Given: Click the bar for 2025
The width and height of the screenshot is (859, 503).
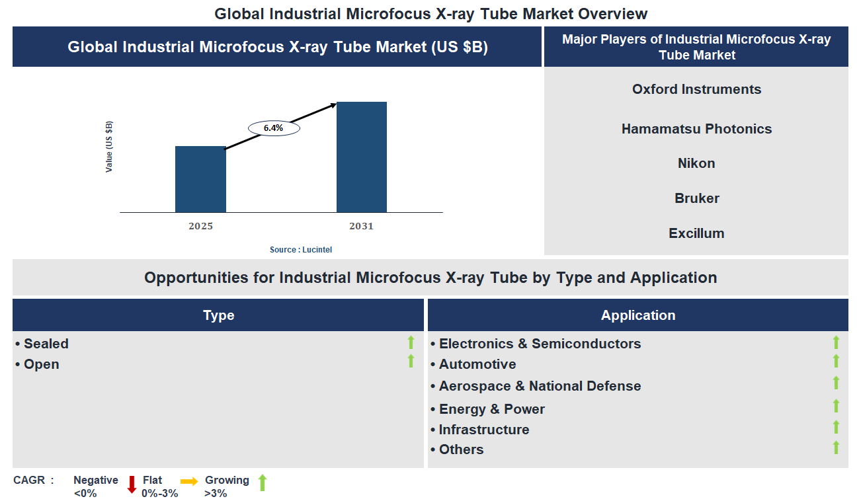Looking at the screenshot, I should coord(200,179).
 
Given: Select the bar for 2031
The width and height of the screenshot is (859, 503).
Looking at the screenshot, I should coord(362,157).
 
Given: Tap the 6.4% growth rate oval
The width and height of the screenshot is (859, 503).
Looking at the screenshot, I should coord(274,128).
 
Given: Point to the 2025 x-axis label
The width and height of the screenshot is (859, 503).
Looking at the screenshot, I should coord(200,226).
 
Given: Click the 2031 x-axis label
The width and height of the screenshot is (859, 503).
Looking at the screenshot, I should coord(362,226).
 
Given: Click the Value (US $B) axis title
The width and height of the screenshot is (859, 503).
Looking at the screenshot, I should coord(109,147).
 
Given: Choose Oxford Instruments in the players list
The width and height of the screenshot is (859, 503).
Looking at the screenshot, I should coord(696,89).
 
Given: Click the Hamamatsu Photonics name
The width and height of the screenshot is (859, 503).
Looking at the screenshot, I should coord(696,129).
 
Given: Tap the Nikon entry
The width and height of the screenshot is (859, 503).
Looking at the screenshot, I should coord(696,163).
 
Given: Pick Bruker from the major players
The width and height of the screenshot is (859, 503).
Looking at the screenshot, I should coord(696,198).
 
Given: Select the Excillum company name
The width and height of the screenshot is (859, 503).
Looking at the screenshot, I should coord(696,233).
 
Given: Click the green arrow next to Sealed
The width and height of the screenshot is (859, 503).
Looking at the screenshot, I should coord(411,342).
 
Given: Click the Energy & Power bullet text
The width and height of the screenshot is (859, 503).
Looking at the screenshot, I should coord(491,409).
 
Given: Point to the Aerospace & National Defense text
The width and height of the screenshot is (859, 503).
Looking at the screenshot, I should coord(540,386).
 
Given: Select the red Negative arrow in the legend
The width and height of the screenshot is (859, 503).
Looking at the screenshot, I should coord(132,484).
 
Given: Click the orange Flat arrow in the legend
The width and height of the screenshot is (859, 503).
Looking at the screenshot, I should coord(189,482).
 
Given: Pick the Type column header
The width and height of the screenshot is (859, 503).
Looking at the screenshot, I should coord(218,315).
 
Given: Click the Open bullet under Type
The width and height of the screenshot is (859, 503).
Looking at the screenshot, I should coord(41,364).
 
